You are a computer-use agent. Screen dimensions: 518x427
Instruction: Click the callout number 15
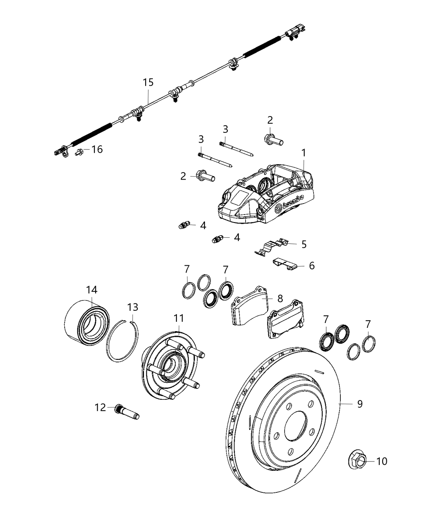coord(148,82)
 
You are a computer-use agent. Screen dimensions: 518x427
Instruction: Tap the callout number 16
coord(97,150)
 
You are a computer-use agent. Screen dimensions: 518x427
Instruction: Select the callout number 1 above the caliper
coord(303,153)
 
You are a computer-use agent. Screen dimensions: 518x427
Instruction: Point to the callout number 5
coord(304,244)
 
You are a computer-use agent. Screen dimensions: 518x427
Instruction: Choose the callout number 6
coord(312,266)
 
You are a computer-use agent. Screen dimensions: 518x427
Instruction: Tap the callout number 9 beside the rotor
coord(359,404)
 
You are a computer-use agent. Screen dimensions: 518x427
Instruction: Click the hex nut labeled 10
coord(357,460)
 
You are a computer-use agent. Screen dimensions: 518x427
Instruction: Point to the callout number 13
coord(133,307)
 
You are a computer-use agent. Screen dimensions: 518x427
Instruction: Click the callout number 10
coord(382,461)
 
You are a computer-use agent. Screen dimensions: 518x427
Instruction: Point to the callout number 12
coord(100,407)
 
